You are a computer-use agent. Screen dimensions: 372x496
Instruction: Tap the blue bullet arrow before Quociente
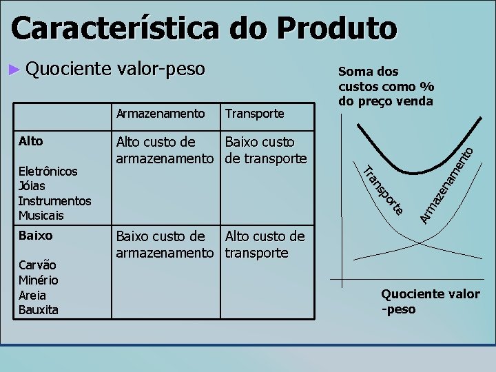click(x=16, y=69)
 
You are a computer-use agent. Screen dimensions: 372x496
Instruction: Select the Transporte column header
click(x=254, y=112)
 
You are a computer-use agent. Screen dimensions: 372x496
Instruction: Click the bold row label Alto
click(x=30, y=141)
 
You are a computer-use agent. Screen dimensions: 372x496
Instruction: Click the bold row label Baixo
click(x=35, y=235)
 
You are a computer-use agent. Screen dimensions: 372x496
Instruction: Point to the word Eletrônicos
click(x=48, y=171)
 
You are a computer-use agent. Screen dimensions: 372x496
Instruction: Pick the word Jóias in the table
click(x=32, y=186)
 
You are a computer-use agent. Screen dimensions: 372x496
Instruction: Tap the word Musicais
click(x=41, y=216)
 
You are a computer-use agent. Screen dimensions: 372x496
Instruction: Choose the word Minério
click(x=38, y=280)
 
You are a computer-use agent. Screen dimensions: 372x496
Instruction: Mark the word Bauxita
click(x=38, y=310)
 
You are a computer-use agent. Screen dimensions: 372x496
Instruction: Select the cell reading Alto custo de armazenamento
click(x=164, y=151)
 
